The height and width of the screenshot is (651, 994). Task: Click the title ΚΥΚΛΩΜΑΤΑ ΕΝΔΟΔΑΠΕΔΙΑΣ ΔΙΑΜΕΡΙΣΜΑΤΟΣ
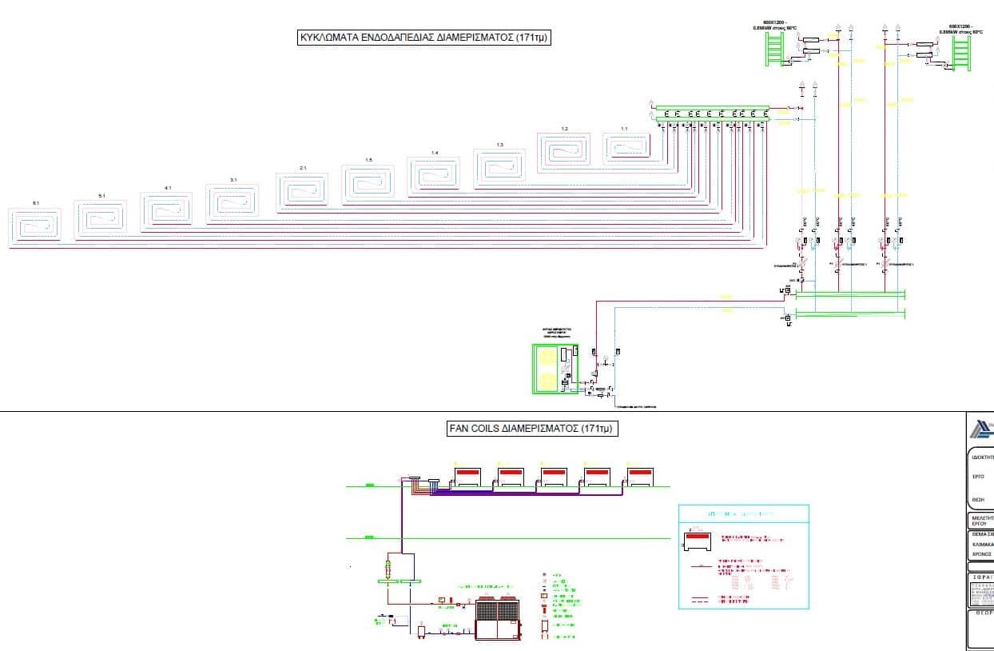point(424,37)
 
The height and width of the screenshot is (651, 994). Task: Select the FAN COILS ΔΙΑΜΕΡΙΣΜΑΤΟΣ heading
point(534,429)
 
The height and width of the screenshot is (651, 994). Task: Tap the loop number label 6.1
point(36,204)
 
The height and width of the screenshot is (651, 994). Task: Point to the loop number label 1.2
point(564,129)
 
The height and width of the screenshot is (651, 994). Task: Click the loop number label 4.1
point(168,188)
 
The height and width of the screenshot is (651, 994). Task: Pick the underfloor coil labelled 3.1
point(233,201)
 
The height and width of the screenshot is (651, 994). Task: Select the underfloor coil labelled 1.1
point(626,149)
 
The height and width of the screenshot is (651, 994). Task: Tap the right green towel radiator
point(960,55)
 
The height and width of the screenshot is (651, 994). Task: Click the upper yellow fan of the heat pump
point(547,357)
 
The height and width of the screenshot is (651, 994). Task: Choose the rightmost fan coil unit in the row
point(640,476)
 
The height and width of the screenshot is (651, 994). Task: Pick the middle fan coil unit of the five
point(554,476)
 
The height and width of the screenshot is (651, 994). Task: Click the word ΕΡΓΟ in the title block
point(978,477)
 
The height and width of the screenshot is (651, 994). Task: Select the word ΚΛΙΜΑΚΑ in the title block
point(982,544)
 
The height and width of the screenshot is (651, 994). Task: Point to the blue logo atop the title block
point(982,430)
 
